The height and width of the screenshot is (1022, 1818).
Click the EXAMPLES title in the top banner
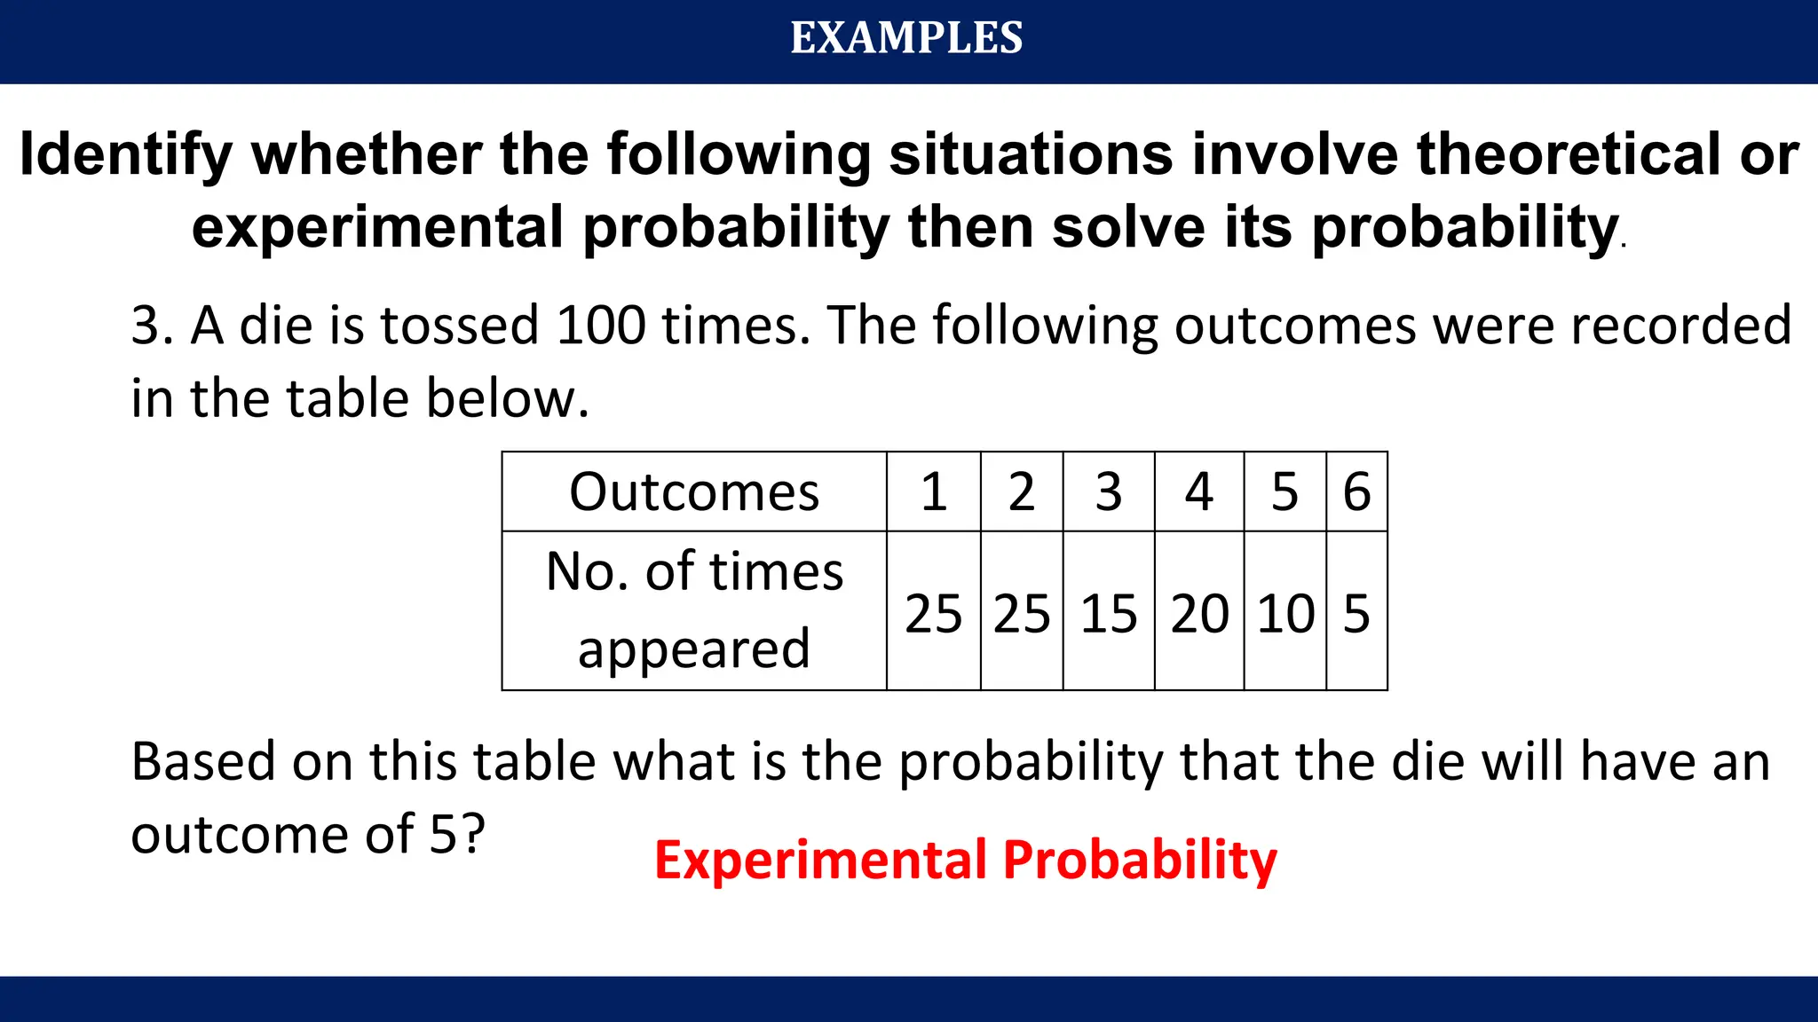[906, 38]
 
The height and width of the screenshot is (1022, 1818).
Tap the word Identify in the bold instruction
[125, 155]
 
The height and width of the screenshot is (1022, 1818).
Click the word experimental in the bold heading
[377, 228]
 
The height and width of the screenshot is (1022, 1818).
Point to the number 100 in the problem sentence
[601, 326]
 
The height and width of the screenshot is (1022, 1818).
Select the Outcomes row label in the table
[694, 492]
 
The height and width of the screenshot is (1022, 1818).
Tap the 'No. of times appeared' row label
[694, 609]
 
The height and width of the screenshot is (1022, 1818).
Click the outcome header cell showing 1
[933, 492]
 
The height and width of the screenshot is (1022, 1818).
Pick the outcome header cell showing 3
[1108, 492]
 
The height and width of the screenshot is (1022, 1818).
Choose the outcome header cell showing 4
[1198, 492]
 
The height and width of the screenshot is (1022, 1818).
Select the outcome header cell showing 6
[1356, 492]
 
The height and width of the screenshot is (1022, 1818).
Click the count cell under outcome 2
[1022, 613]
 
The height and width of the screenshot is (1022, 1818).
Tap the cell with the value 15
[1108, 613]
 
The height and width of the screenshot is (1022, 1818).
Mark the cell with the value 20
[1199, 613]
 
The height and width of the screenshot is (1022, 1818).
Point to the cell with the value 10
[1285, 613]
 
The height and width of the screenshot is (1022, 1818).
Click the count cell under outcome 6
[1356, 613]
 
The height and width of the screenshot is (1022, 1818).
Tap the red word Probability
[1140, 860]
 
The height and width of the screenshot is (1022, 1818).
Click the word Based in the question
[203, 762]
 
